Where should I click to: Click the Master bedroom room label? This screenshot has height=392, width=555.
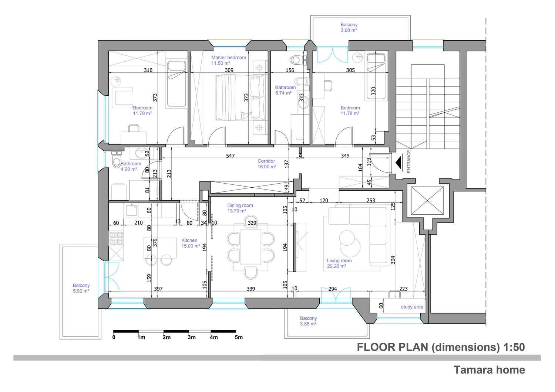pyautogui.click(x=229, y=60)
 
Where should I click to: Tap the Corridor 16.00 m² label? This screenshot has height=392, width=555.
pyautogui.click(x=267, y=164)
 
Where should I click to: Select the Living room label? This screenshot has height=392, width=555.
pyautogui.click(x=339, y=263)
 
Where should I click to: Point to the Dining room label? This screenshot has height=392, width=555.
pyautogui.click(x=240, y=208)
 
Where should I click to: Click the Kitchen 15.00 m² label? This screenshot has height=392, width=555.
pyautogui.click(x=191, y=243)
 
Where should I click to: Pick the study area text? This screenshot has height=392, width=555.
pyautogui.click(x=412, y=307)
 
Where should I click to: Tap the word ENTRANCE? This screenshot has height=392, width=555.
pyautogui.click(x=409, y=161)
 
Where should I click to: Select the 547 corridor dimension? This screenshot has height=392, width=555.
pyautogui.click(x=230, y=156)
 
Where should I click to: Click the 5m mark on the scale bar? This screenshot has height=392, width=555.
pyautogui.click(x=239, y=337)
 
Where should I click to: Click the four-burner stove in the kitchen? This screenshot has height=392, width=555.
pyautogui.click(x=117, y=238)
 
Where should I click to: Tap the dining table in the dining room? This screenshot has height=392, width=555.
pyautogui.click(x=251, y=247)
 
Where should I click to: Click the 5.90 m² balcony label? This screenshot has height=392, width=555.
pyautogui.click(x=81, y=288)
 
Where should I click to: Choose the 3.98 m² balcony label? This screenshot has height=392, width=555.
pyautogui.click(x=349, y=27)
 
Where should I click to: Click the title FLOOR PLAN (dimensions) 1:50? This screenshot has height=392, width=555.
pyautogui.click(x=441, y=347)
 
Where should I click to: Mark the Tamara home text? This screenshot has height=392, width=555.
pyautogui.click(x=490, y=370)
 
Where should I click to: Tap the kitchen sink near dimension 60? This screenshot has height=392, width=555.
pyautogui.click(x=132, y=210)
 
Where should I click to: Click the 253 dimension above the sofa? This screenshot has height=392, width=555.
pyautogui.click(x=371, y=200)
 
